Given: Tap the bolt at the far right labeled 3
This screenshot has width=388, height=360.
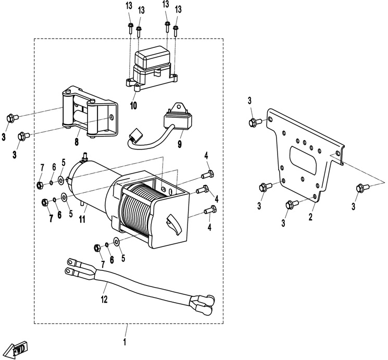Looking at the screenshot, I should pyautogui.click(x=360, y=188).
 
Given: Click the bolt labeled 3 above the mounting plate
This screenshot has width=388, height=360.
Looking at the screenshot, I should pyautogui.click(x=255, y=122).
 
